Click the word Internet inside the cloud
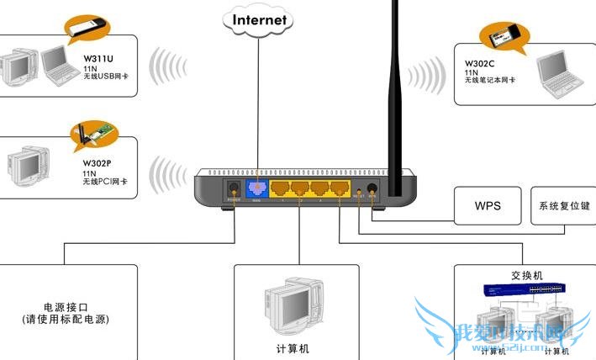click(x=260, y=19)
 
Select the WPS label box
click(x=488, y=206)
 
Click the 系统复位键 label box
click(x=562, y=206)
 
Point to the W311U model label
click(x=98, y=59)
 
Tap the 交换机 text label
click(x=526, y=275)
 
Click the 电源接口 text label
click(x=66, y=307)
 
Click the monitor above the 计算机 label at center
click(x=288, y=308)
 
